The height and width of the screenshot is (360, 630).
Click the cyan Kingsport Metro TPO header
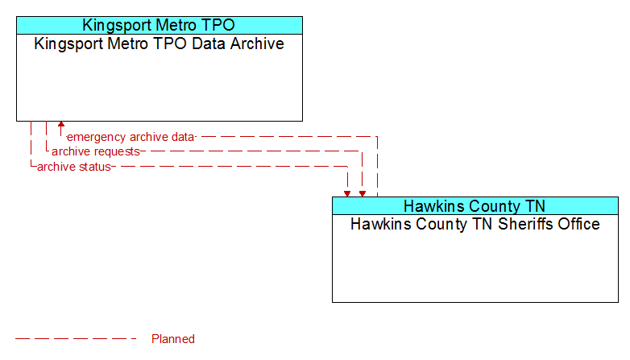tap(160, 25)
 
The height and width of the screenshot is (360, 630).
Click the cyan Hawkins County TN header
tap(475, 206)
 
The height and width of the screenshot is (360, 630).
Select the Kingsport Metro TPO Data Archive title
tap(159, 43)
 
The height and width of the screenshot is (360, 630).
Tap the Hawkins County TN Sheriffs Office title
tap(475, 224)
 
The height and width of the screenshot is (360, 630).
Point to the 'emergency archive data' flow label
tap(131, 137)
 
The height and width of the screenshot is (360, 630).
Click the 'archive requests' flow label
tap(96, 151)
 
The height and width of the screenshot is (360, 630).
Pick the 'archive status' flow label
tap(74, 167)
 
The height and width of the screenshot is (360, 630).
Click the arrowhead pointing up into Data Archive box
tap(61, 124)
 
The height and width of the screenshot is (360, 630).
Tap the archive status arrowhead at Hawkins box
tap(347, 194)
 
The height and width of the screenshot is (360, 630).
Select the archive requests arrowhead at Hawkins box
tap(363, 194)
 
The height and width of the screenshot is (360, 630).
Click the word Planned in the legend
tap(173, 339)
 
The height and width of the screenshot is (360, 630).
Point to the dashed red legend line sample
tap(76, 339)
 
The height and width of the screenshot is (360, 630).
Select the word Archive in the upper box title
tap(257, 43)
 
